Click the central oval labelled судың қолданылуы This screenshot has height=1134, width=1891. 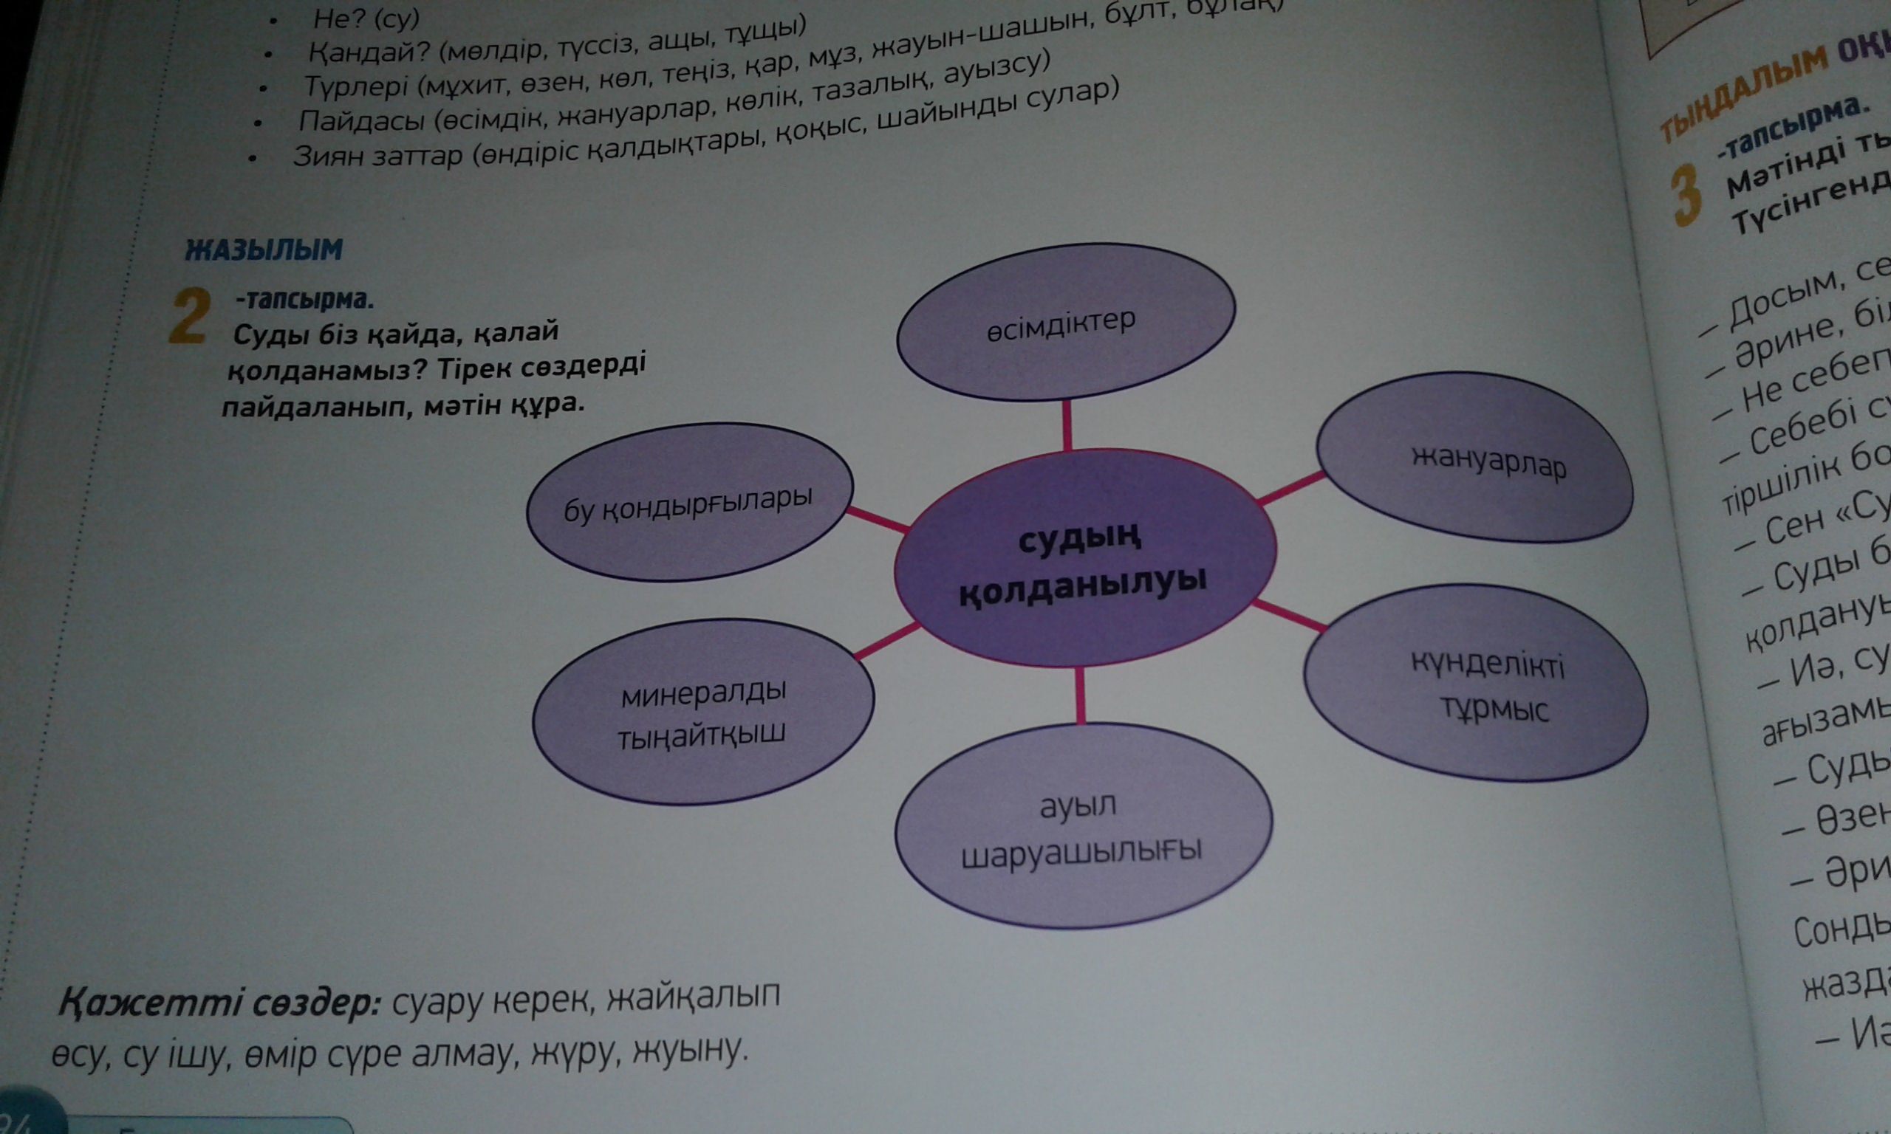pyautogui.click(x=1084, y=558)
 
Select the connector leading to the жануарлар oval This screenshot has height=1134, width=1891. pyautogui.click(x=1290, y=489)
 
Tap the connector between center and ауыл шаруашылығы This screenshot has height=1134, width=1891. pyautogui.click(x=1080, y=695)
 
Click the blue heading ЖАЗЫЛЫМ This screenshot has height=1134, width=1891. pyautogui.click(x=264, y=250)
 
